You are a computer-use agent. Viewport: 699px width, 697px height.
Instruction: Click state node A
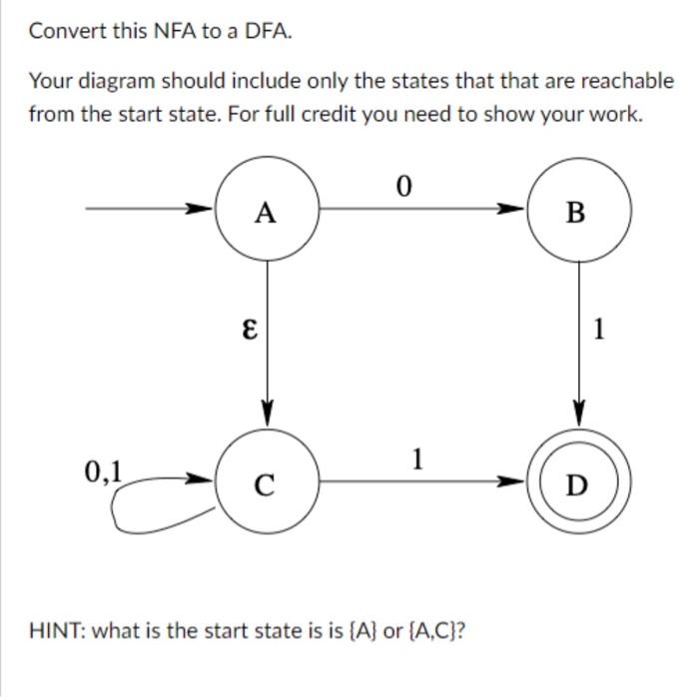pos(266,211)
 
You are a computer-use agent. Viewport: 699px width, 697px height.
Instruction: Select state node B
pos(578,211)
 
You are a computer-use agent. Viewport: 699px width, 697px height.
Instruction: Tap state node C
pos(266,484)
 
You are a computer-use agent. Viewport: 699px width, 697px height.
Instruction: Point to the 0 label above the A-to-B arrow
pos(402,187)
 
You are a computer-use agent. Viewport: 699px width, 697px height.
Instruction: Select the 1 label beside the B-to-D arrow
pos(598,330)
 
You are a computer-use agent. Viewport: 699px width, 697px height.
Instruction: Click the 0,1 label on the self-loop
pos(103,469)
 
